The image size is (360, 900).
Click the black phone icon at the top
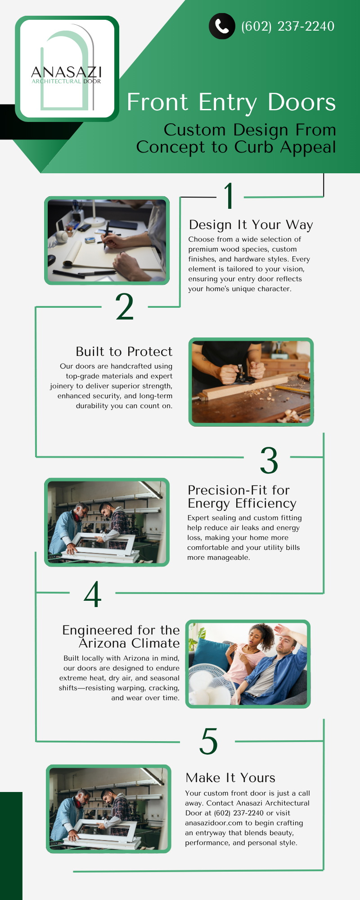coord(222,26)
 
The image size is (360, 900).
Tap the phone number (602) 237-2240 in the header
coord(288,26)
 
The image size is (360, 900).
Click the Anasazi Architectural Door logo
coord(67,69)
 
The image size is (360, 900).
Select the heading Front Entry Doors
coord(231,102)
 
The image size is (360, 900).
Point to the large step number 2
coord(125,307)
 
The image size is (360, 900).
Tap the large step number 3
coord(269,460)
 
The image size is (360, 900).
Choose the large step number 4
coord(93,594)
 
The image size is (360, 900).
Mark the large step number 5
coord(208,741)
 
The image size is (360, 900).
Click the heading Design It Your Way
coord(251,225)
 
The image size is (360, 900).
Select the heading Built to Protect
coord(124,351)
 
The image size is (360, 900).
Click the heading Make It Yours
coord(230,778)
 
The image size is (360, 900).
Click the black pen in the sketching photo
coord(106,235)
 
